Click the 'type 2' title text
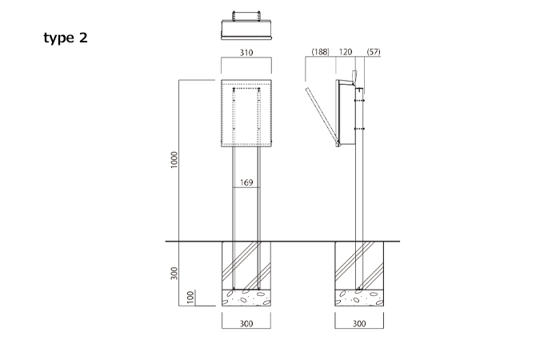point(66,38)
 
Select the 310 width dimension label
point(246,53)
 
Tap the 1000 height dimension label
point(174,160)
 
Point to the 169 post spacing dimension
point(246,182)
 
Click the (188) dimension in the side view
point(320,52)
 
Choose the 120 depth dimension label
point(346,52)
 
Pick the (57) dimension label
point(374,52)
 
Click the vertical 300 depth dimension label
point(174,274)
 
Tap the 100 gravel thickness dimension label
point(190,298)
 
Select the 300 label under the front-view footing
point(246,323)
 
